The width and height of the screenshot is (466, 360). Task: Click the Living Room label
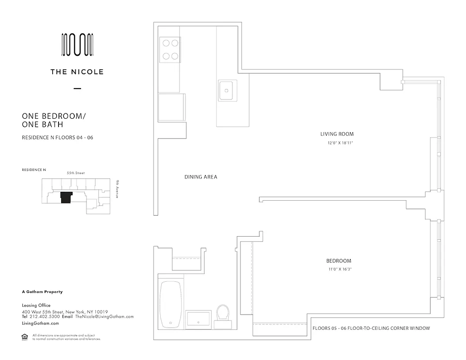[x=337, y=134]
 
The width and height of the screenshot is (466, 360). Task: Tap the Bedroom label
[x=339, y=261]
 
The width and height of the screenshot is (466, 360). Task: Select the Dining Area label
[x=201, y=177]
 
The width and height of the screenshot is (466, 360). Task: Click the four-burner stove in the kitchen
[x=169, y=49]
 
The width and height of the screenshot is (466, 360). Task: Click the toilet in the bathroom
[x=222, y=313]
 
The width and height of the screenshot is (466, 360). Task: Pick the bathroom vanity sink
[x=198, y=319]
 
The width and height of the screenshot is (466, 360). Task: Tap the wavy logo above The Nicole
[x=77, y=45]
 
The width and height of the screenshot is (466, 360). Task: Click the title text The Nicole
[x=77, y=72]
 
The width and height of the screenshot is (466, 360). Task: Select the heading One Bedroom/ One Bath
[x=54, y=120]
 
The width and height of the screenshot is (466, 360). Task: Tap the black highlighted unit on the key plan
[x=66, y=197]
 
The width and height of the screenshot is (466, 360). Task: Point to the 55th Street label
[x=76, y=173]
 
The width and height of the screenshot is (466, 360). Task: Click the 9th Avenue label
[x=116, y=189]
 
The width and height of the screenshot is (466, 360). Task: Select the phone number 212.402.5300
[x=44, y=316]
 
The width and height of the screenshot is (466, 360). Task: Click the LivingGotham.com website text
[x=41, y=323]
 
